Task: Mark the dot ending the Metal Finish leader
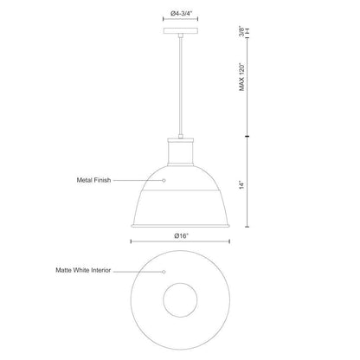[x=164, y=181]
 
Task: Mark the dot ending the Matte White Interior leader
[x=164, y=271]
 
